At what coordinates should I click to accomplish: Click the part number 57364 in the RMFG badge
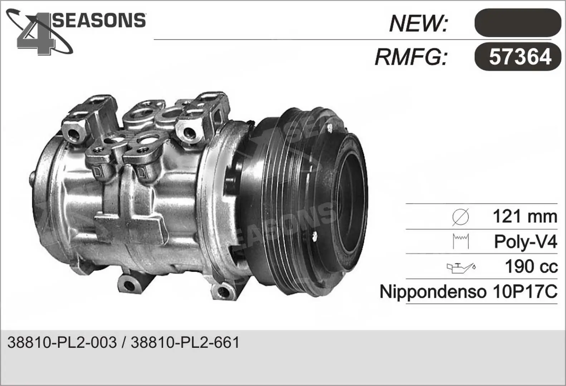[x=520, y=57]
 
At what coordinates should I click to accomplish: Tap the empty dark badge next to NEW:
[x=518, y=23]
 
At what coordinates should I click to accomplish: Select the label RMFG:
[x=411, y=57]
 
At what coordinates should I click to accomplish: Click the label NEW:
[x=419, y=23]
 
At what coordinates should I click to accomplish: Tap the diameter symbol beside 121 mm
[x=460, y=217]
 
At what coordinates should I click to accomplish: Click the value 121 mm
[x=525, y=217]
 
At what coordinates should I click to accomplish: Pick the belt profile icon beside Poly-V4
[x=460, y=241]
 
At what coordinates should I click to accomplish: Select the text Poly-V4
[x=526, y=242]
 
